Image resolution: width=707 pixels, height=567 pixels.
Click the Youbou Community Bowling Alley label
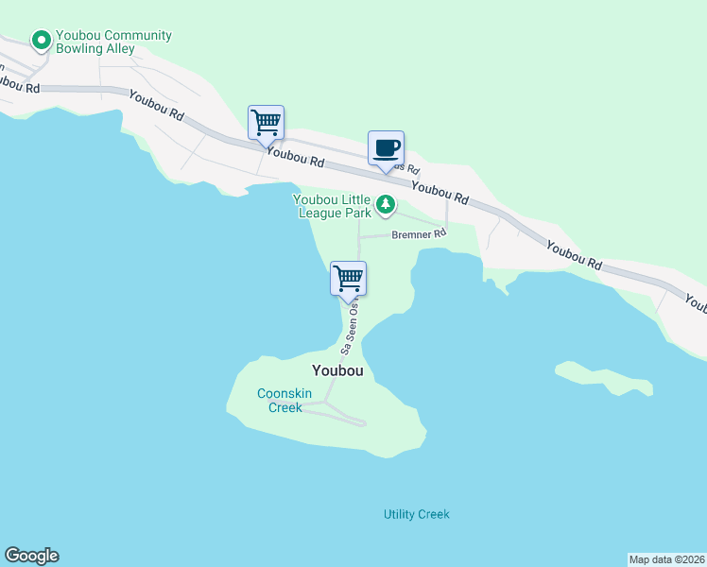point(113,42)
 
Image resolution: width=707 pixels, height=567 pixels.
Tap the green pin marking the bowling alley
point(41,41)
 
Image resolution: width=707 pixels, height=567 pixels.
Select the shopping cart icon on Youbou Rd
point(267,122)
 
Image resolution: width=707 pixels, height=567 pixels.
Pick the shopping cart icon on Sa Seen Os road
point(348,278)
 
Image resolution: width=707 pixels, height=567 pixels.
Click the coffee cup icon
point(386,148)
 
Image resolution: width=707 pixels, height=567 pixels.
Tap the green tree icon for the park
point(386,204)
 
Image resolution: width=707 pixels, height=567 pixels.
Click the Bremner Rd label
point(418,232)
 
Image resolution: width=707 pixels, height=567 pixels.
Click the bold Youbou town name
point(337,370)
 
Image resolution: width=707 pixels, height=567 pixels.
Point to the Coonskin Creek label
point(280,401)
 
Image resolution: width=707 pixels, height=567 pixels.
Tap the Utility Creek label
point(416,514)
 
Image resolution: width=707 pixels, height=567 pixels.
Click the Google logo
point(31,556)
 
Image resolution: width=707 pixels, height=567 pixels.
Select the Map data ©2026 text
point(666,558)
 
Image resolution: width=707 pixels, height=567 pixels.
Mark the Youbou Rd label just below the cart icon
point(295,156)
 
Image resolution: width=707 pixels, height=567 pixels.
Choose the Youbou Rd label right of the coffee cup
point(440,193)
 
